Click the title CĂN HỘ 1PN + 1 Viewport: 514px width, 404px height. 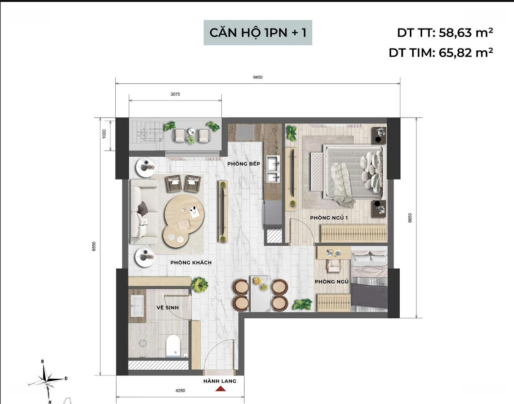257,32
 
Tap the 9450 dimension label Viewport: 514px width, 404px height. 257,78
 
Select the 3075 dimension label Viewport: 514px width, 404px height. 175,94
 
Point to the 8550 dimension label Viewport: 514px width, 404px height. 94,246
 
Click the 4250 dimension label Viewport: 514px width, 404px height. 180,391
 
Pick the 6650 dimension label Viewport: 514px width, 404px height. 410,218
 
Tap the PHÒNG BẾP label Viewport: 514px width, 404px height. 244,164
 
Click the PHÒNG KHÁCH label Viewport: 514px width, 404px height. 191,263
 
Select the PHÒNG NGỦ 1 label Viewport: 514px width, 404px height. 329,218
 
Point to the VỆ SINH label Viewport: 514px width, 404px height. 168,307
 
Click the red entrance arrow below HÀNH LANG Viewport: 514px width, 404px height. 220,389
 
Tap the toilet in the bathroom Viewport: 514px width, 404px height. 172,346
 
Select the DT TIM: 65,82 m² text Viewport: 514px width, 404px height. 441,52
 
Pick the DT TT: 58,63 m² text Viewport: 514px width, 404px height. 445,32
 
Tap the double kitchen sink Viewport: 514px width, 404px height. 273,169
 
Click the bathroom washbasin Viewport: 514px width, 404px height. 137,306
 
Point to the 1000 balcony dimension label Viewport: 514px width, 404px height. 104,134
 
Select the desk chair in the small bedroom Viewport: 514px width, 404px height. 334,265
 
